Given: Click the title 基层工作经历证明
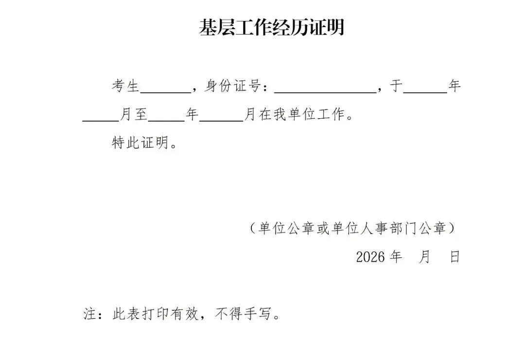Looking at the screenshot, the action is point(271,28).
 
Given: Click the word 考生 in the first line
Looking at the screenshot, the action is point(126,87).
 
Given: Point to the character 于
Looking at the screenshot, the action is point(396,87).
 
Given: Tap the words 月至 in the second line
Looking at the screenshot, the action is point(133,115).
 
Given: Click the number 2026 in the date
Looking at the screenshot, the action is point(370,257).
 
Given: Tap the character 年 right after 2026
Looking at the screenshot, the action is point(397,257).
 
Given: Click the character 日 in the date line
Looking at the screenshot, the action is point(455,257).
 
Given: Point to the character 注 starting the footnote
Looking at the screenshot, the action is point(89,315).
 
